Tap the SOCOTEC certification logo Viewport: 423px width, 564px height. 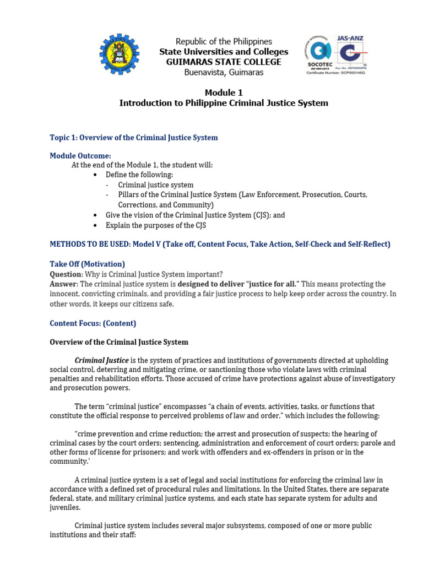pos(320,55)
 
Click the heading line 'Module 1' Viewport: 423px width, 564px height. pos(224,93)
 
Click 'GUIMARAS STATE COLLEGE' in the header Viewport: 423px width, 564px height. pos(224,62)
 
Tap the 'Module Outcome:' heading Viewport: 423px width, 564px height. pos(80,156)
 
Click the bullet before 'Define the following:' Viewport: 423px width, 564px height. pos(96,175)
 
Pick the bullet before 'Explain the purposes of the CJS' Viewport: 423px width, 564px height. pos(96,225)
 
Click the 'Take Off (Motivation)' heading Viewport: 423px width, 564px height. pos(87,264)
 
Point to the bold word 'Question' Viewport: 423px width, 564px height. pos(66,274)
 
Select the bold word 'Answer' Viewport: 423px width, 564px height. pos(63,284)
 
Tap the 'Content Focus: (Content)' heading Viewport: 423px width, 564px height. pos(93,323)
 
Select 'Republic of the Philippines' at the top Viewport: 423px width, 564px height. pos(224,41)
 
